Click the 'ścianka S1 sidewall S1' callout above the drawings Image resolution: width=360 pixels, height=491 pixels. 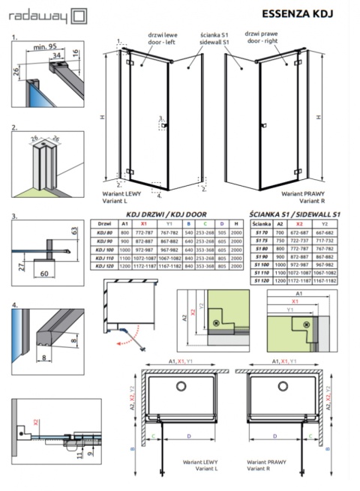tap(214, 38)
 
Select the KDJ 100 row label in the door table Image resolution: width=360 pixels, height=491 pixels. tap(104, 249)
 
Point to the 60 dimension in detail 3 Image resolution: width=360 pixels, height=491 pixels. tap(46, 275)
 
